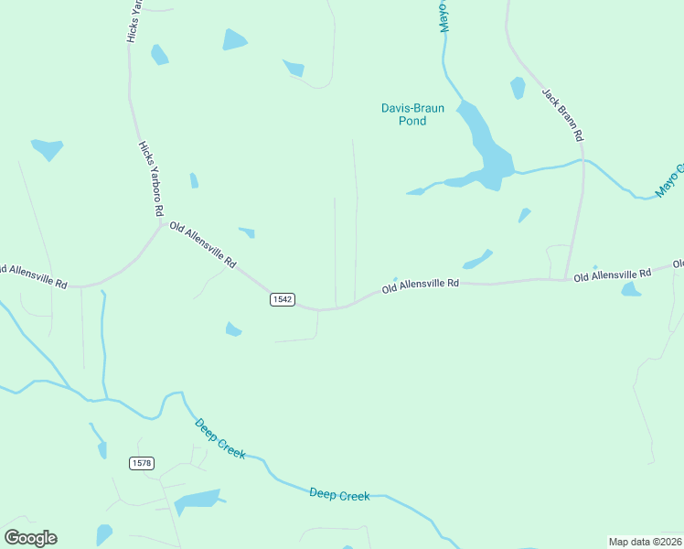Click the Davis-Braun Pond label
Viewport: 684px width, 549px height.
(x=412, y=114)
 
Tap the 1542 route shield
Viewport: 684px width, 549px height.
(x=282, y=300)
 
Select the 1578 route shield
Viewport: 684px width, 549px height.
(x=141, y=463)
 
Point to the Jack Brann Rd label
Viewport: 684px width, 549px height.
(x=562, y=114)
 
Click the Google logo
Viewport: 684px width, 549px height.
(x=30, y=538)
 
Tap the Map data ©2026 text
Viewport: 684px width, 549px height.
(x=645, y=542)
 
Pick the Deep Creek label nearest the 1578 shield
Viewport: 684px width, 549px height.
(x=219, y=438)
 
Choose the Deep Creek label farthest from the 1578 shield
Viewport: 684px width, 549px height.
(x=339, y=495)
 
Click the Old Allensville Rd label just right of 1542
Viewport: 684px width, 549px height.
(x=420, y=285)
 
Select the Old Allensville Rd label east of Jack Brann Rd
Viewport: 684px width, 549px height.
(x=612, y=274)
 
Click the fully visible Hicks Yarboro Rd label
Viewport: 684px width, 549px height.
(x=151, y=179)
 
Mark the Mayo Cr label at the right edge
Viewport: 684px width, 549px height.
(x=669, y=180)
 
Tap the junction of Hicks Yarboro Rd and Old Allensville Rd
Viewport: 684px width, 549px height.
(x=161, y=224)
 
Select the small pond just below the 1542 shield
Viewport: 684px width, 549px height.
(x=233, y=328)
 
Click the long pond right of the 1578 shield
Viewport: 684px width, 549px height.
(x=198, y=501)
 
